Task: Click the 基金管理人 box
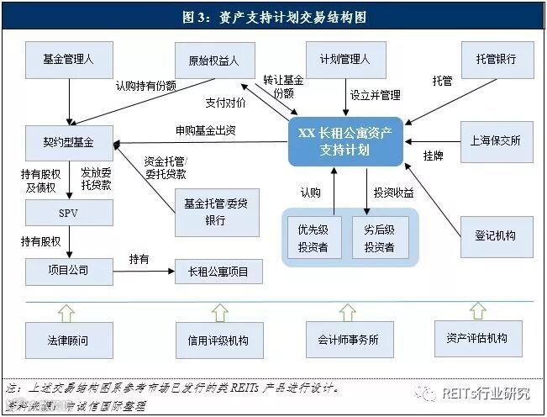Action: pos(67,61)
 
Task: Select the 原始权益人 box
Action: pos(215,61)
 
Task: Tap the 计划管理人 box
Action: pos(345,61)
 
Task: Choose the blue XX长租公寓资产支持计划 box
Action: pos(345,140)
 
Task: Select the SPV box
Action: pos(67,212)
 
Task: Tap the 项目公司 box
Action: pos(67,271)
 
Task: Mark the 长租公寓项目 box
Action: pos(218,272)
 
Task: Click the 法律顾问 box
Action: pos(67,340)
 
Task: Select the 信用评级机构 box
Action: pos(218,340)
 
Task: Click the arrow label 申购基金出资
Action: pos(205,130)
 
